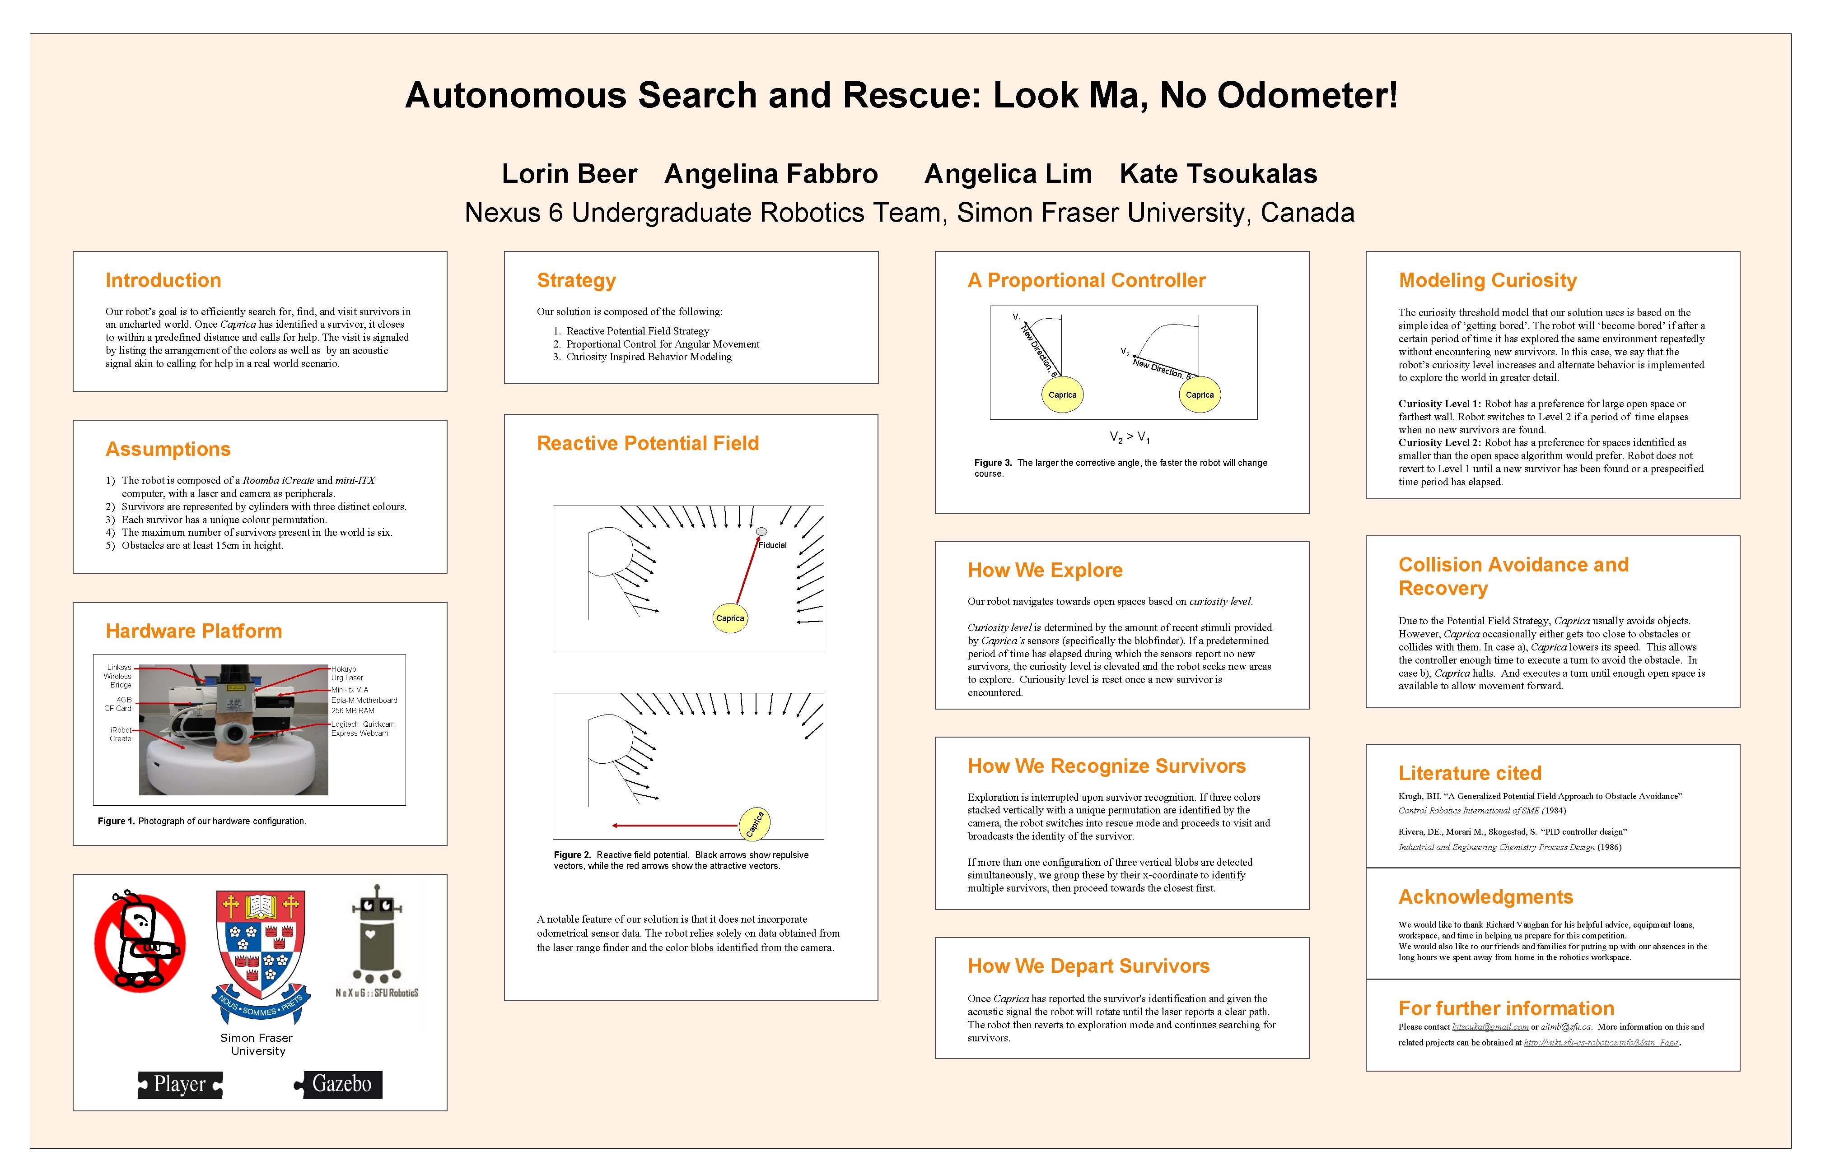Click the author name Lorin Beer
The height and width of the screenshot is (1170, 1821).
[x=569, y=174]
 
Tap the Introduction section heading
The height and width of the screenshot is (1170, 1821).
[x=163, y=280]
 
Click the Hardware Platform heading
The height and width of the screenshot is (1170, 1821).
[x=194, y=631]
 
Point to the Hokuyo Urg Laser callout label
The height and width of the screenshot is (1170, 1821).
[x=346, y=673]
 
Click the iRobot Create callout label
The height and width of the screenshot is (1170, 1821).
[x=120, y=734]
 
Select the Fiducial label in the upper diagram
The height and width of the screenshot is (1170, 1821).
[x=772, y=545]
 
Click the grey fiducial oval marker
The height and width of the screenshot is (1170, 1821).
[x=761, y=531]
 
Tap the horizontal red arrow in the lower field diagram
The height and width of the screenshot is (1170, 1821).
[x=675, y=825]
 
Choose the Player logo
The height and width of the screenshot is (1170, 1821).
[x=180, y=1084]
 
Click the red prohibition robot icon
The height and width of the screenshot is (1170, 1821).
[x=140, y=942]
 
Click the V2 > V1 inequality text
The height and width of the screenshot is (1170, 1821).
[x=1130, y=437]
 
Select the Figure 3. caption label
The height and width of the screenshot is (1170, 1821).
[x=993, y=463]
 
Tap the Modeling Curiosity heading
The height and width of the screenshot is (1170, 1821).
[x=1487, y=280]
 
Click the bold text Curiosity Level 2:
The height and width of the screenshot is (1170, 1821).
[x=1439, y=442]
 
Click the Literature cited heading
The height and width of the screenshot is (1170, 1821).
[x=1470, y=773]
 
